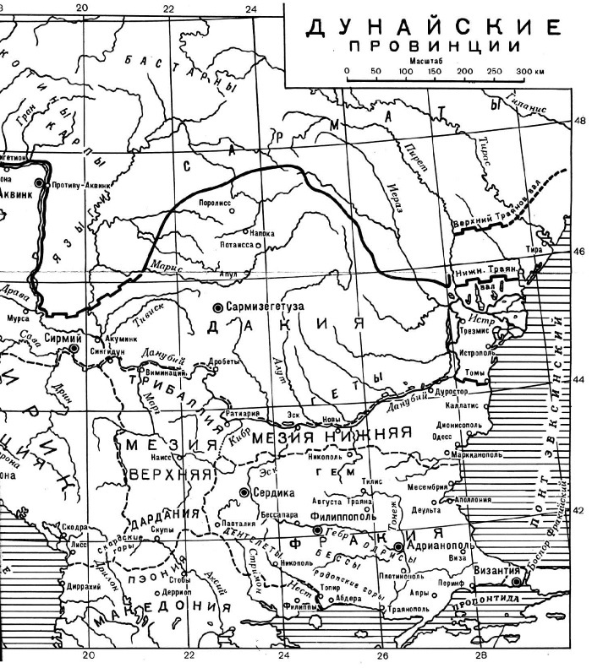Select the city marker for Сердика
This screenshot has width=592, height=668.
[x=244, y=491]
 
